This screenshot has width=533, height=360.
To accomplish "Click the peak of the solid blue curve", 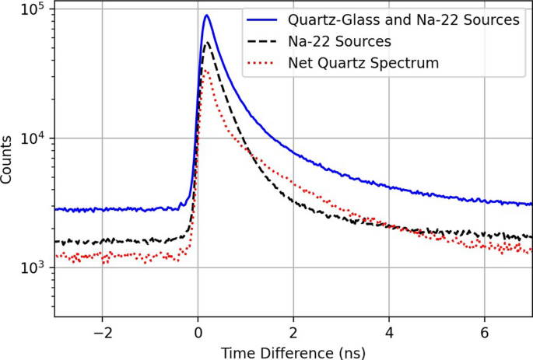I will click(x=206, y=16).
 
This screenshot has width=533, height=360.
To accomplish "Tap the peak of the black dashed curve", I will click(x=206, y=43).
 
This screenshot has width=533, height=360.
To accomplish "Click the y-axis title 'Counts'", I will click(x=9, y=160).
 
